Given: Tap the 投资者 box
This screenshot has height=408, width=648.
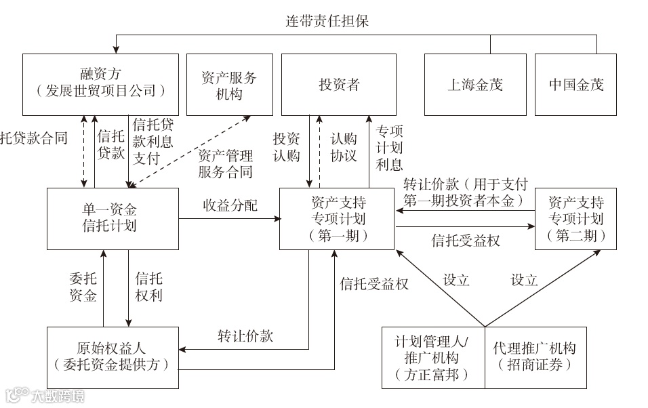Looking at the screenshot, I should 339,84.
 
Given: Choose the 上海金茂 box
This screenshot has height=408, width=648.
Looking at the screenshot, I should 474,84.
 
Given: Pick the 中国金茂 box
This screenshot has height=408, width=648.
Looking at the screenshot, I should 575,84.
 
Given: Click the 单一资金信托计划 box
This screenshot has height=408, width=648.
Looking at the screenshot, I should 113,218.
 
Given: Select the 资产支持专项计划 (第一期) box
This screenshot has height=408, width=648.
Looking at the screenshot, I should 338,218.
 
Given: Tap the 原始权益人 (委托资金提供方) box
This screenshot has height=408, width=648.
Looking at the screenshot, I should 113,356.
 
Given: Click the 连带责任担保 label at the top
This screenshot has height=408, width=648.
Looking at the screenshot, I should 327,21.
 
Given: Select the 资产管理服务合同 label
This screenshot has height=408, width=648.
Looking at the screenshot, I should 225,163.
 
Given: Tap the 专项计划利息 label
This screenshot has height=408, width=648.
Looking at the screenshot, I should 389,147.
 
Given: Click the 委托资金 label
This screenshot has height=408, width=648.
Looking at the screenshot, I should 83,287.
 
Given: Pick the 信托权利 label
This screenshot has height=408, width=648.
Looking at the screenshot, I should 148,287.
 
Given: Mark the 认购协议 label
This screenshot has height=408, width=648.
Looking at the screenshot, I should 343,146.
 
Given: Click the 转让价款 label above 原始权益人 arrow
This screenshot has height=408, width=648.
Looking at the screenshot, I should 245,335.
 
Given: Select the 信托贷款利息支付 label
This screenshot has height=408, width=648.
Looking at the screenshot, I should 153,141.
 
